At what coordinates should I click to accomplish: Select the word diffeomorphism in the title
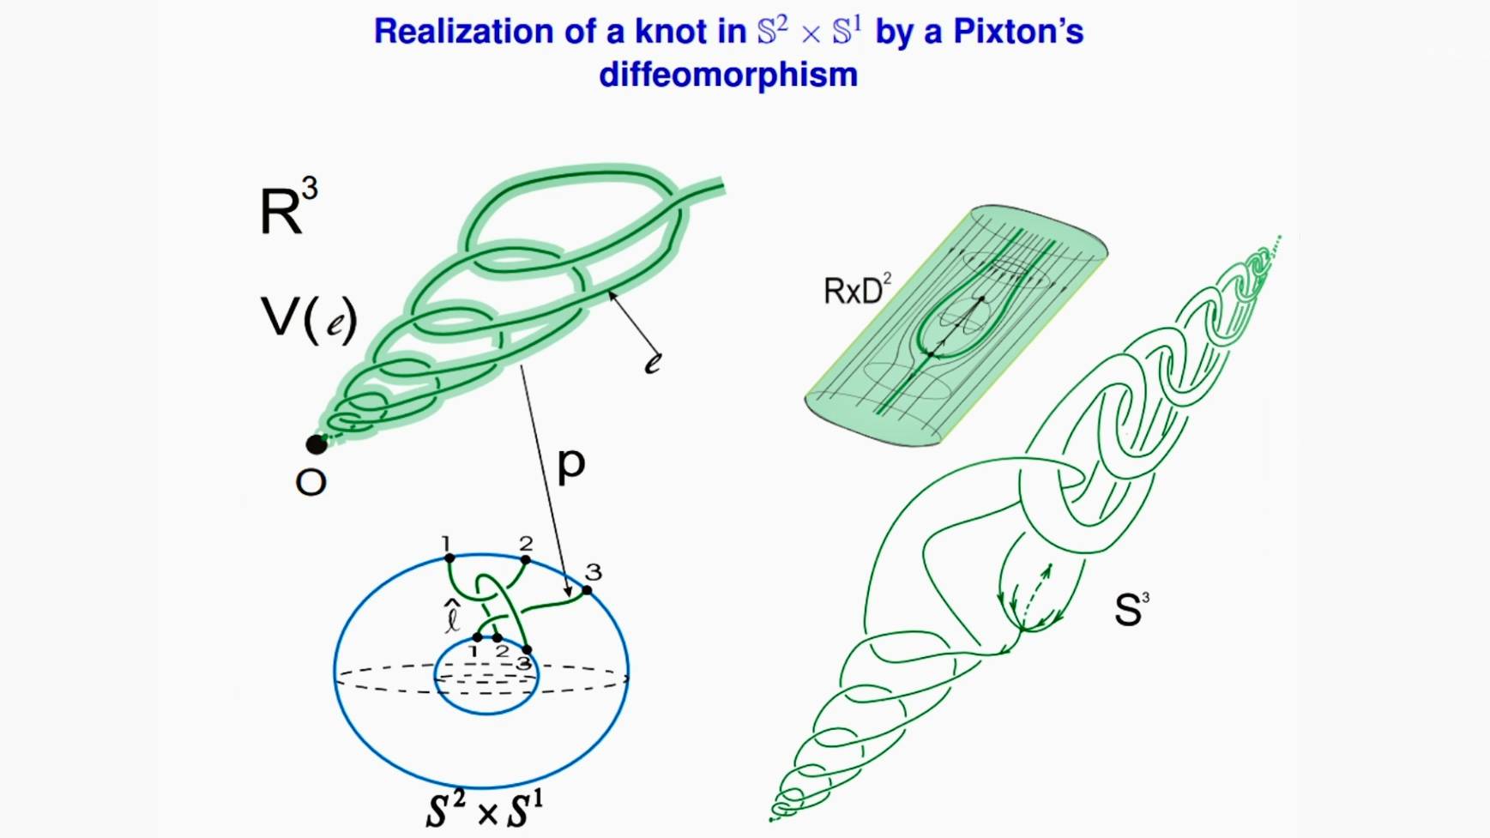click(x=728, y=75)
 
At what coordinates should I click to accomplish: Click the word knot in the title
click(x=675, y=33)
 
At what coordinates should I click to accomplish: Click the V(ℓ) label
click(x=308, y=318)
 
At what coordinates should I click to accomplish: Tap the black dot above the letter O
click(x=317, y=444)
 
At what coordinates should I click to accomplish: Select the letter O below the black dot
click(x=311, y=483)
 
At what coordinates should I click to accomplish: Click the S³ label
click(x=1131, y=609)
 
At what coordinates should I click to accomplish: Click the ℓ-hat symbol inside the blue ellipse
click(x=452, y=617)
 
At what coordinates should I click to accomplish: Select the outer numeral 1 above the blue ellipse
click(x=446, y=543)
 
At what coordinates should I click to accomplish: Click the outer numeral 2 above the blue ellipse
click(x=526, y=543)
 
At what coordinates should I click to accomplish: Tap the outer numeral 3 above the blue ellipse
click(x=593, y=571)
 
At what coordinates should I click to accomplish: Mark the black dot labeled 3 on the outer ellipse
click(x=587, y=590)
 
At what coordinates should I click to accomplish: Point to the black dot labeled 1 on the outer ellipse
click(x=449, y=558)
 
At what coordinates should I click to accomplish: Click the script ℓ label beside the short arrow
click(x=653, y=364)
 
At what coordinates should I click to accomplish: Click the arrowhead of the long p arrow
click(x=568, y=592)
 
